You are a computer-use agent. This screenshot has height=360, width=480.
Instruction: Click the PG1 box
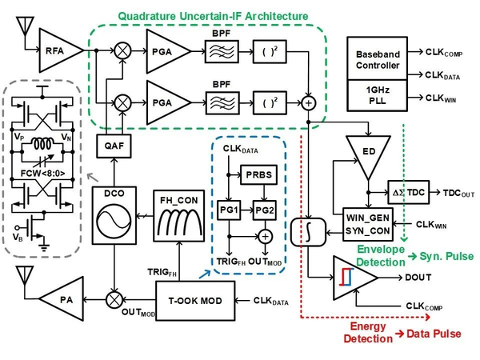click(232, 206)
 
